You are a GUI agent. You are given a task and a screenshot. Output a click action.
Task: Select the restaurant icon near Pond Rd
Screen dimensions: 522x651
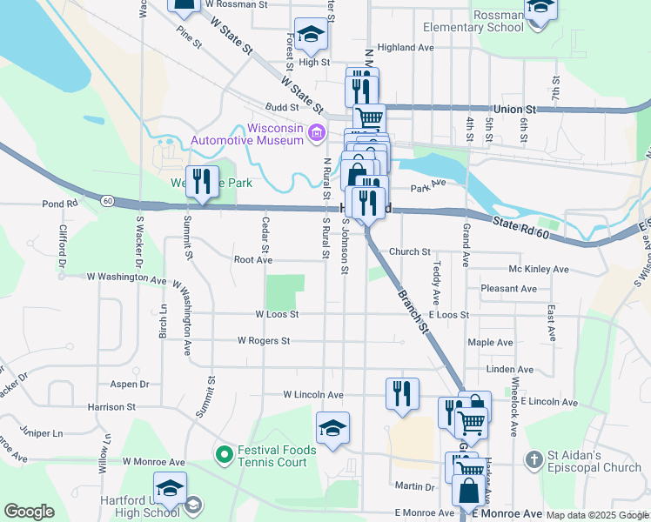tap(202, 182)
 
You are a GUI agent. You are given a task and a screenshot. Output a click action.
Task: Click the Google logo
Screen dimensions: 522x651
tap(30, 512)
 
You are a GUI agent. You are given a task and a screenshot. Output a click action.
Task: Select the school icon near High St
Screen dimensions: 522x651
tap(311, 35)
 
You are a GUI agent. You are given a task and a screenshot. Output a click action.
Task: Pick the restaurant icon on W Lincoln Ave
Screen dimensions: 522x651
tap(402, 393)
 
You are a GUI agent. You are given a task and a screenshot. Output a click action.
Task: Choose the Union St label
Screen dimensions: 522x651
tap(513, 110)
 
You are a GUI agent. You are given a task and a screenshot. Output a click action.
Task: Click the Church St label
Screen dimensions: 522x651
tap(409, 251)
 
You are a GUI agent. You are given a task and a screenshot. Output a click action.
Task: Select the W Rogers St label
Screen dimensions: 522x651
tap(263, 341)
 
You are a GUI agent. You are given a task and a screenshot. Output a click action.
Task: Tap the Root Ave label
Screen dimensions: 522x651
tap(253, 259)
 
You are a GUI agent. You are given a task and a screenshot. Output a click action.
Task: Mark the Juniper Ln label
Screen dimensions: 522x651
tap(41, 432)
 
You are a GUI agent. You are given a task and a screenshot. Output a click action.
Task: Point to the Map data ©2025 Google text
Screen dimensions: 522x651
tap(597, 515)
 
